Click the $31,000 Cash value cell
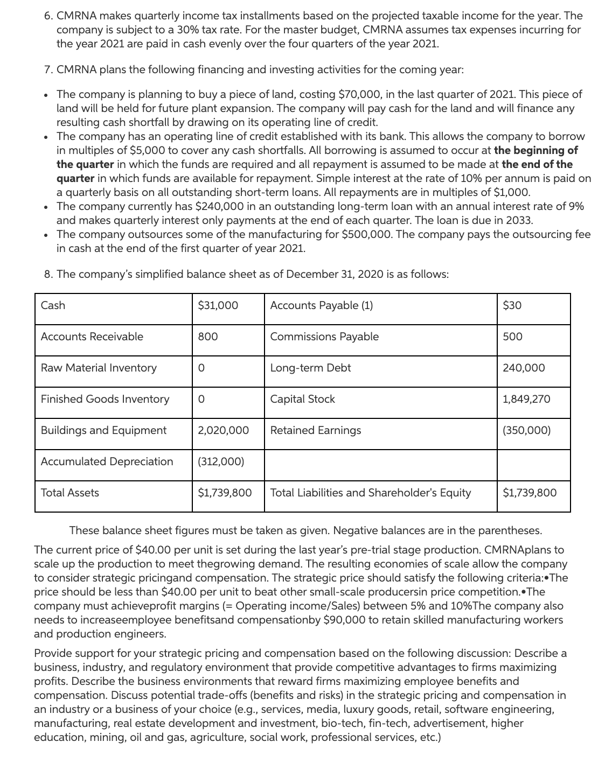point(218,305)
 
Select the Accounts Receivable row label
point(92,337)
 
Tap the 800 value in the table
point(207,337)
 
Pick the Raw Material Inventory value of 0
point(201,368)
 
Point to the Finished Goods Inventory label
point(105,399)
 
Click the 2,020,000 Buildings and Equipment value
point(223,430)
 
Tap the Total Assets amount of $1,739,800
point(225,493)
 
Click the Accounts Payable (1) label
point(321,305)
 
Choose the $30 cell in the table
point(512,305)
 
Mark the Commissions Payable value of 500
point(512,337)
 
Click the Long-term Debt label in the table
point(310,368)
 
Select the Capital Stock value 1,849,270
point(526,399)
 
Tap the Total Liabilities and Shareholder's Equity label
point(370,493)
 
